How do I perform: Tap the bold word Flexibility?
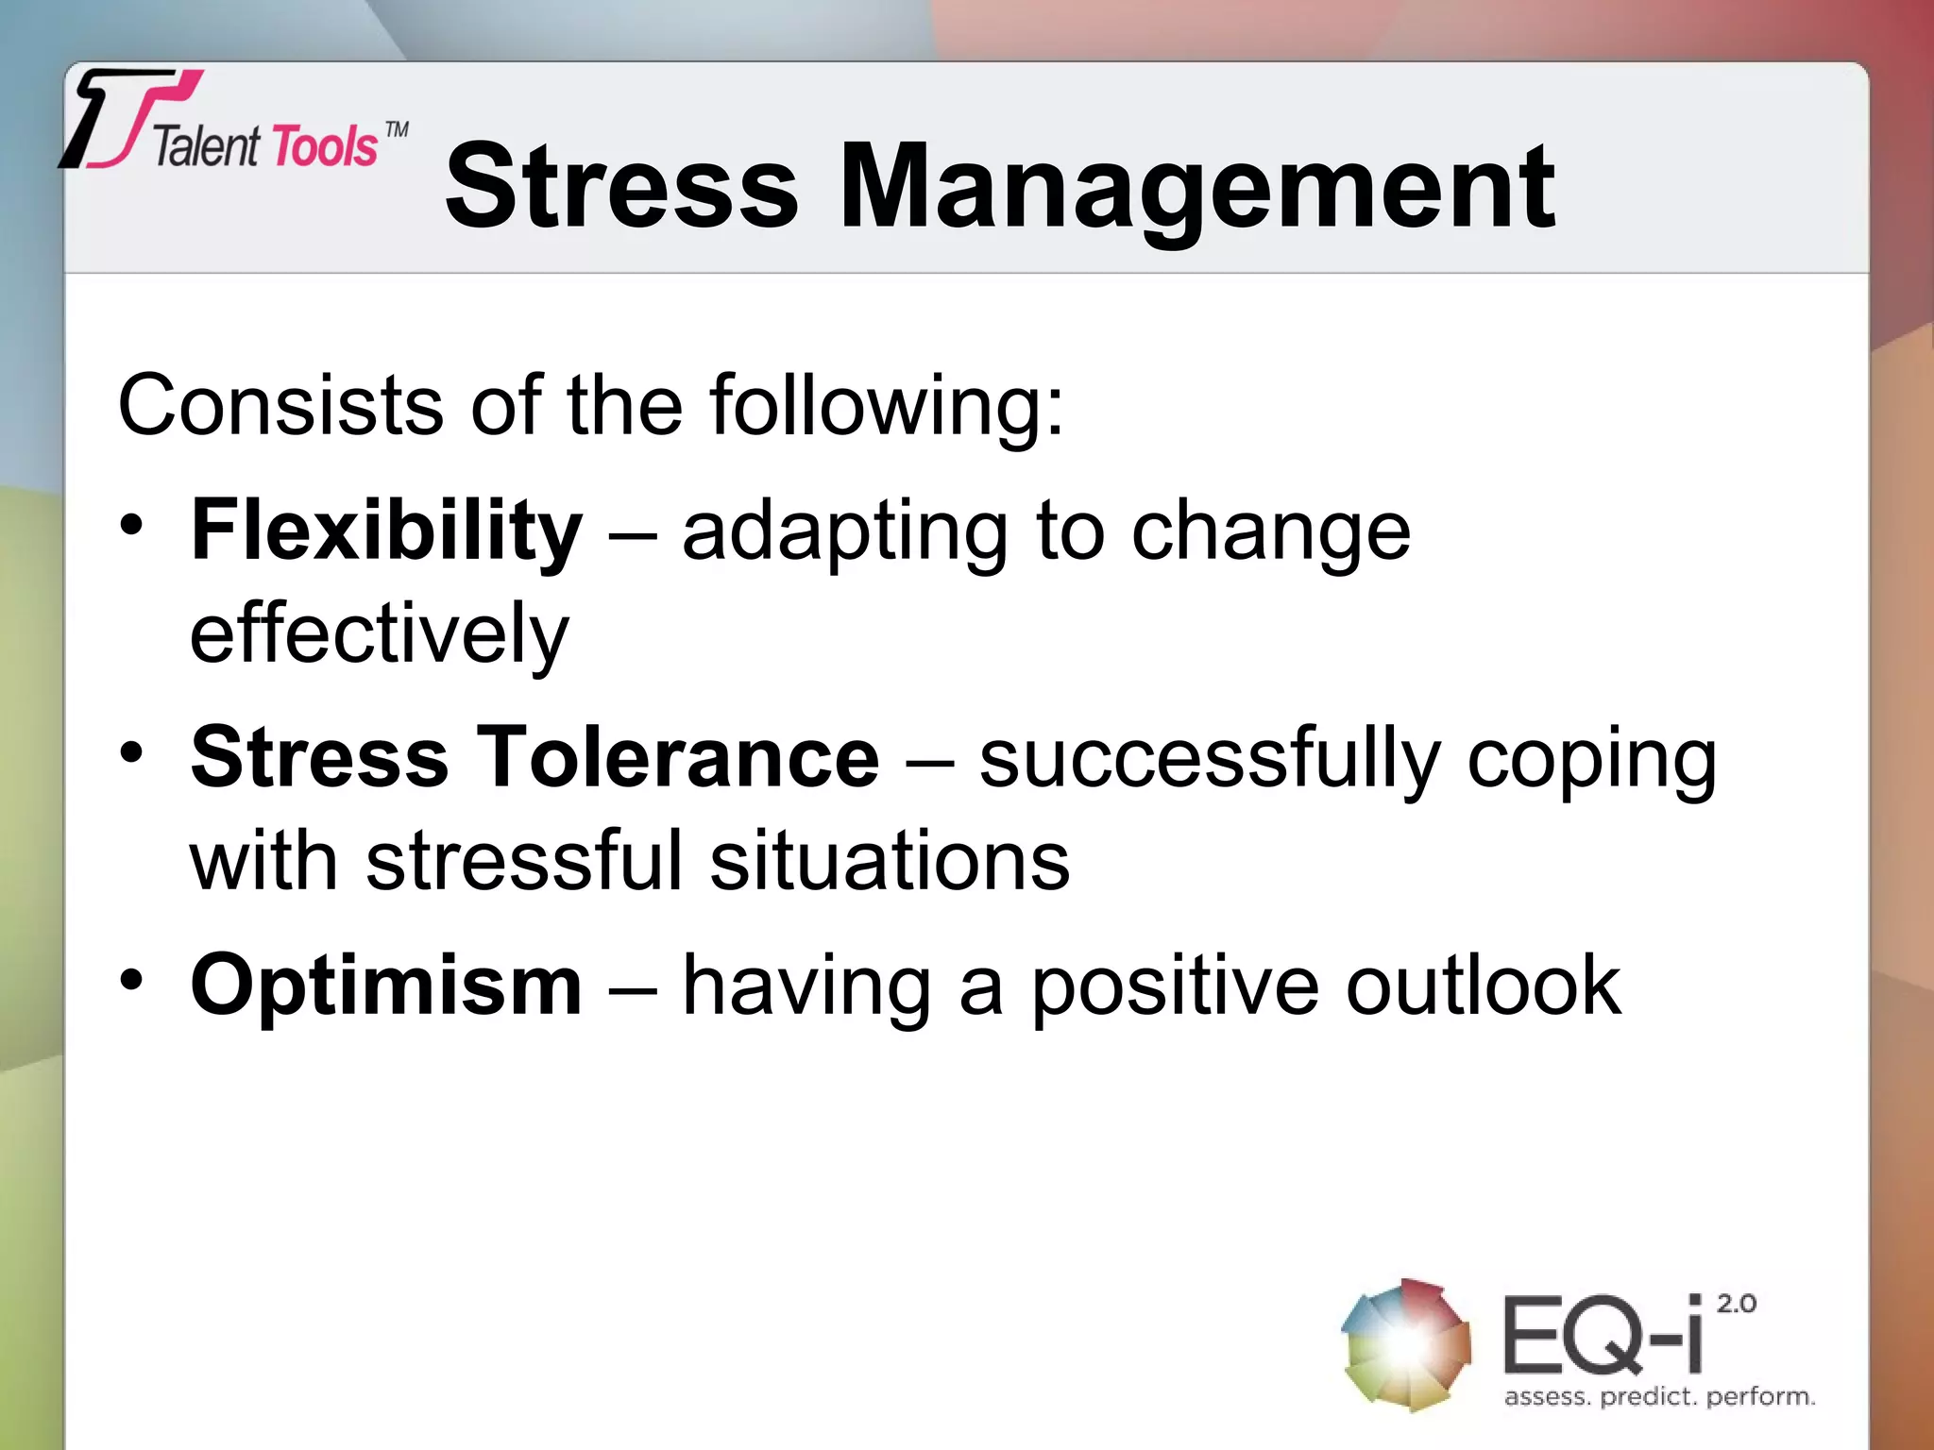(x=386, y=531)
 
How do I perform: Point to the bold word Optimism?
(x=386, y=986)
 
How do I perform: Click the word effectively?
(x=380, y=633)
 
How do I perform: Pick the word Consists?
(x=280, y=406)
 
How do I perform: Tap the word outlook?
(x=1483, y=986)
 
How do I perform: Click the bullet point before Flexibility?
(x=132, y=525)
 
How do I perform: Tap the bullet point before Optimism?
(x=132, y=979)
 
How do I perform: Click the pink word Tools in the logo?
(x=325, y=148)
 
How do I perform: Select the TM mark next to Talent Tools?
(x=398, y=129)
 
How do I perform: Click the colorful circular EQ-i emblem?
(x=1406, y=1344)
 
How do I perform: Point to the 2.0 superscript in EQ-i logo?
(x=1736, y=1304)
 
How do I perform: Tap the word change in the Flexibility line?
(x=1270, y=532)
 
